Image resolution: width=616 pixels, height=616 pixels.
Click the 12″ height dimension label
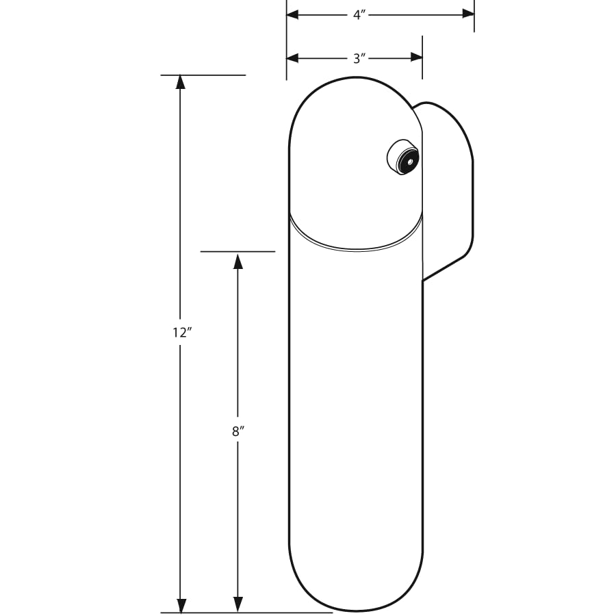coord(181,333)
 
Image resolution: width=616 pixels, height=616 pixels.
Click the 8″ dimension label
coord(238,431)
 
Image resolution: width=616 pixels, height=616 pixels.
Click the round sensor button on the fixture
coord(402,157)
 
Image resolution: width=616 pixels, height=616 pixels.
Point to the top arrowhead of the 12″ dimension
coord(181,81)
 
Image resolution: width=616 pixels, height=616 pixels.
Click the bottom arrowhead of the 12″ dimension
coord(181,605)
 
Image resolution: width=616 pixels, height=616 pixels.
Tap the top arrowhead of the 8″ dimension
coord(238,261)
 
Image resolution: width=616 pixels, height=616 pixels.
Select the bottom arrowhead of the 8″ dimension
coord(238,605)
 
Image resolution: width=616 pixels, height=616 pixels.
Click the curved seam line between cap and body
coord(355,244)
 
